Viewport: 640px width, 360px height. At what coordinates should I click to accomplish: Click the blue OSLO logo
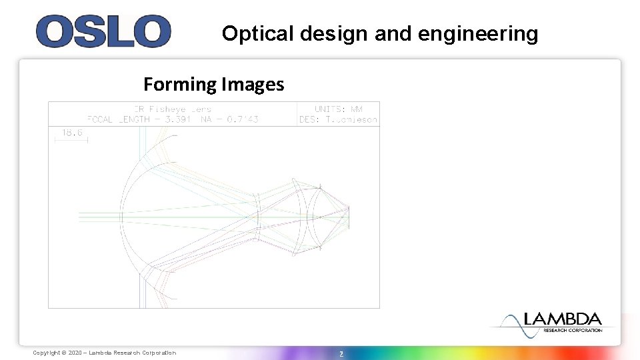point(103,31)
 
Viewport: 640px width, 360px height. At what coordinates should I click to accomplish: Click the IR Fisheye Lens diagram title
point(173,109)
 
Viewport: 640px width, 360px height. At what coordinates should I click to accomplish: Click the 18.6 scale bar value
point(72,132)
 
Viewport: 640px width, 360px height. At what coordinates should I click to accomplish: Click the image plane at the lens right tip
point(348,215)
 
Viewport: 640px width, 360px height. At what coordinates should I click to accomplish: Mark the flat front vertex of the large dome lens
point(122,215)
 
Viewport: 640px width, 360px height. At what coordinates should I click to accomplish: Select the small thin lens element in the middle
point(259,215)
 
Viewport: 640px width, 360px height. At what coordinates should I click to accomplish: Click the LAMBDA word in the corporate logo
point(563,319)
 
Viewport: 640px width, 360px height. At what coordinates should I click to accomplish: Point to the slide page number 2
point(341,353)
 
